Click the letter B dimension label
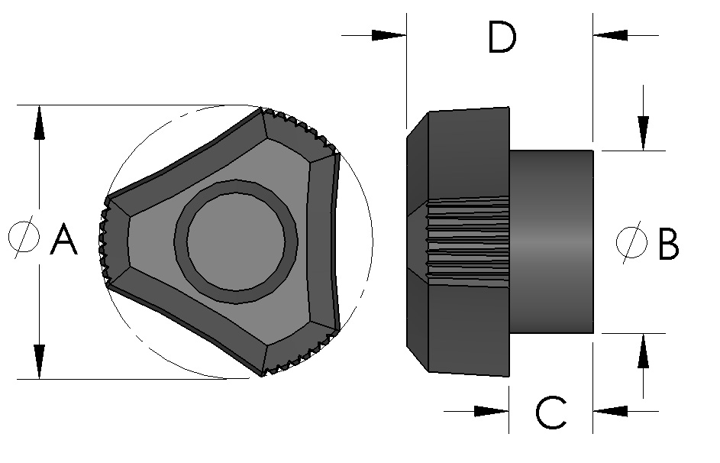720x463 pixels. [x=664, y=244]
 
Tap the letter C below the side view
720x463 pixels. [x=550, y=413]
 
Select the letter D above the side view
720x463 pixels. [x=502, y=38]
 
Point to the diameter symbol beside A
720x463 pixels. [x=24, y=237]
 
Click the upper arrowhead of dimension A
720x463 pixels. [x=39, y=122]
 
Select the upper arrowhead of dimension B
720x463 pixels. [x=644, y=133]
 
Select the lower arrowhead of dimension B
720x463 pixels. [x=644, y=351]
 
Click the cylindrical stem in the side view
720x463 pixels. [x=551, y=241]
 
